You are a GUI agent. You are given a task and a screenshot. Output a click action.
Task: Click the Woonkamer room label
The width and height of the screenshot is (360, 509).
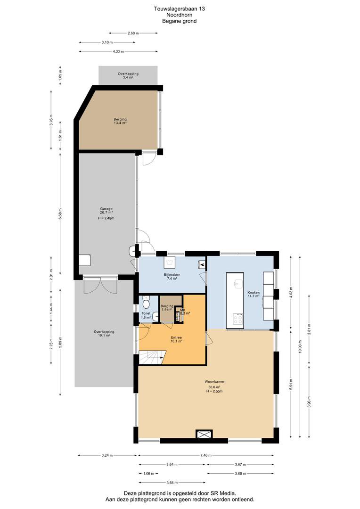coord(214,381)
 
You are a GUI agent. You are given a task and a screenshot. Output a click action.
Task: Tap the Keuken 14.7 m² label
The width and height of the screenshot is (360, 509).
coord(254,294)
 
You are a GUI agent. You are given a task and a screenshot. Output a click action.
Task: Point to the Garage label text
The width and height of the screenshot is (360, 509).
coord(106,209)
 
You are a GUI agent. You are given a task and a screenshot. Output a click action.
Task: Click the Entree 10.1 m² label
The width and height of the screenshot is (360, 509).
coord(176,339)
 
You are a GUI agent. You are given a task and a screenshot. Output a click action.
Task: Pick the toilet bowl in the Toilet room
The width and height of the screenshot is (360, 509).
coord(146,303)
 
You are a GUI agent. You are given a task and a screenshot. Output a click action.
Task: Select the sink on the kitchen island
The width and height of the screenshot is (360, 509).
coord(238,283)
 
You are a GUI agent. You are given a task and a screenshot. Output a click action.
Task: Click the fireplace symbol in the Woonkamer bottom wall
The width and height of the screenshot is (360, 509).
coord(204,434)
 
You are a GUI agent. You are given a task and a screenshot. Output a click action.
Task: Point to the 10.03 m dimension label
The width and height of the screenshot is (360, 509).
coord(300,346)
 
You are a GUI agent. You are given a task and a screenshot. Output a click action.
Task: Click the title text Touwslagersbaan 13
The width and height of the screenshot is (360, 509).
coord(180,9)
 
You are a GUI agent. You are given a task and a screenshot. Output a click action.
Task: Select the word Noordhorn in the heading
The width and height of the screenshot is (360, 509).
coord(180,15)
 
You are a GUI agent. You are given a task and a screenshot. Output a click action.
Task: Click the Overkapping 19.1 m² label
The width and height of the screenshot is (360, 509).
coord(104,334)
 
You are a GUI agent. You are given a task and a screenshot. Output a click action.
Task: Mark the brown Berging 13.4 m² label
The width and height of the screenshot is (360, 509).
coord(120,121)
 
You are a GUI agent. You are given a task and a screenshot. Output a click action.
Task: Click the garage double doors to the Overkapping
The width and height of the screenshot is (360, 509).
coord(100,285)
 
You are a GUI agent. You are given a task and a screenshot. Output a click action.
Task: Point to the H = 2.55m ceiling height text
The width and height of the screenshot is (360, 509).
coord(214,391)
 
